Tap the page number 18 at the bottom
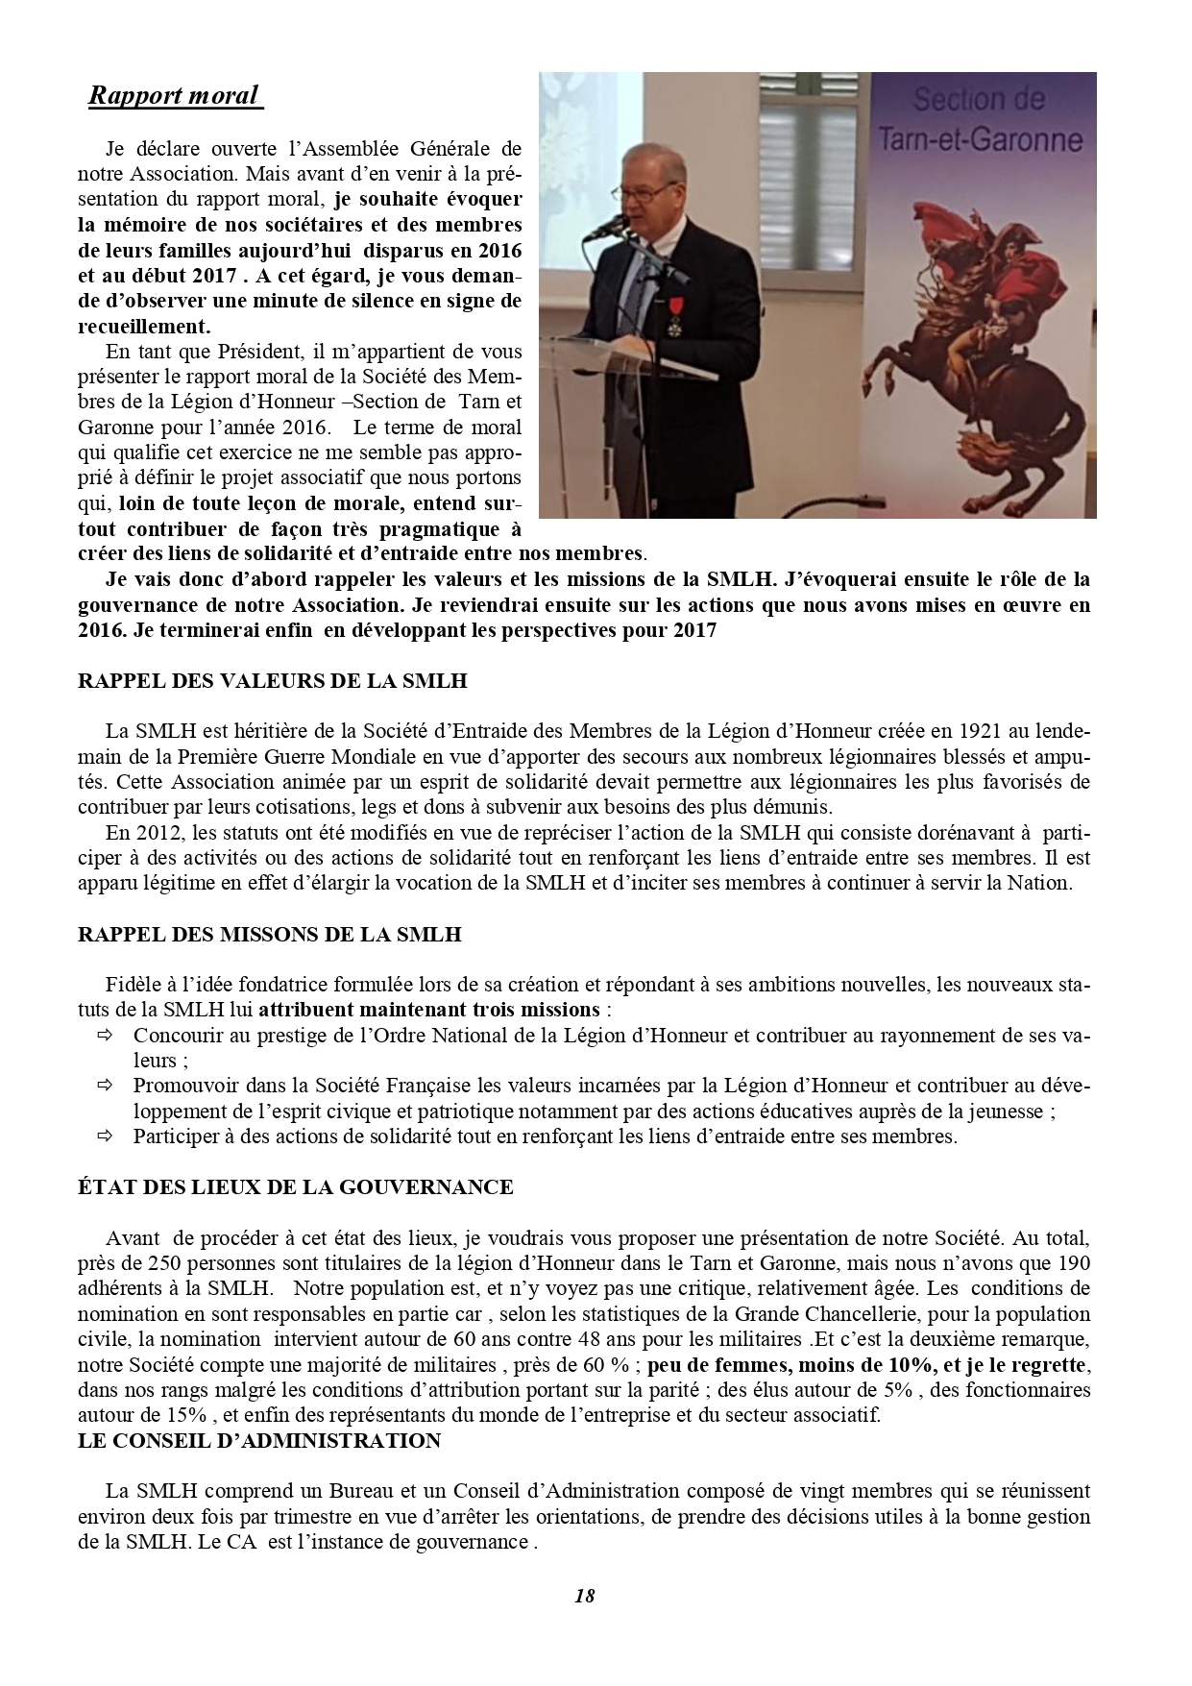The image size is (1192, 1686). [x=584, y=1596]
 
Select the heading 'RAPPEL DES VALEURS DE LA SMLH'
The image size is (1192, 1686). [x=272, y=681]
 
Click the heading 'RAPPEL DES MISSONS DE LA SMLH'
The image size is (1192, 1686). [x=269, y=934]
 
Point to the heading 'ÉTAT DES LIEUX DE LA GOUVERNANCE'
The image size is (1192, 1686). [x=295, y=1186]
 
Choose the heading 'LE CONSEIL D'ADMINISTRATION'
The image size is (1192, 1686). [x=259, y=1440]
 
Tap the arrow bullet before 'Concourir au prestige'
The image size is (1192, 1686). [x=104, y=1036]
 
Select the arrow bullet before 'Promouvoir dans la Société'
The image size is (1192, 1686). [x=104, y=1086]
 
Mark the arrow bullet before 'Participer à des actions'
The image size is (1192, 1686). [x=104, y=1136]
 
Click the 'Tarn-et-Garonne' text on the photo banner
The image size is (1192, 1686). [x=980, y=141]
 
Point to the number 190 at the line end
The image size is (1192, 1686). [x=1073, y=1262]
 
